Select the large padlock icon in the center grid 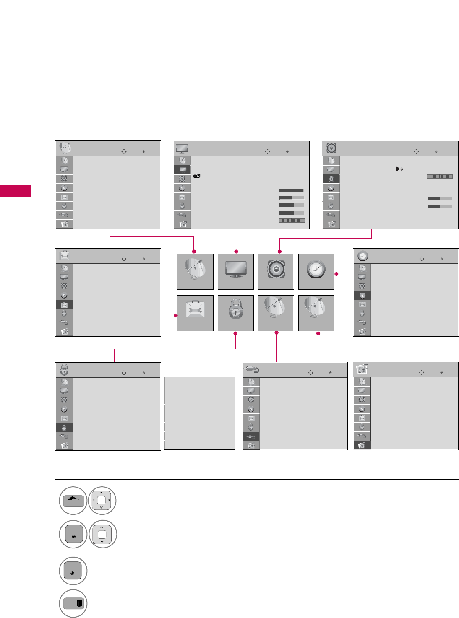236,313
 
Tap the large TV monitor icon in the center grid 236,271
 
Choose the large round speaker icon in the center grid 276,271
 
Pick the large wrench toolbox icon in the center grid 195,313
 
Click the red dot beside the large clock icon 336,274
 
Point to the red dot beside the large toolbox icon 176,315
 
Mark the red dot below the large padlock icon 235,333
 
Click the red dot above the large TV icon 236,252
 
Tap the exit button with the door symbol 73,604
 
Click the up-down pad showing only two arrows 102,534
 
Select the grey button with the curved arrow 73,501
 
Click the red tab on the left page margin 16,191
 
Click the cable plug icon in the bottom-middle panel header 251,370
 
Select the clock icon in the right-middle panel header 363,256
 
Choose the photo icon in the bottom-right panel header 363,369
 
